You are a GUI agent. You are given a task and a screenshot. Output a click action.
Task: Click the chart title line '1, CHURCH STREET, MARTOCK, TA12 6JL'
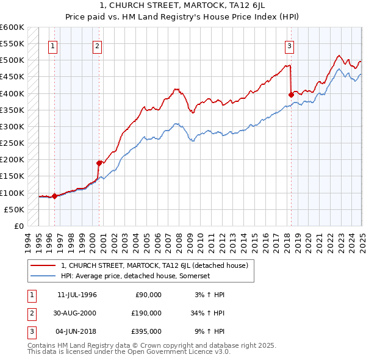(x=183, y=5)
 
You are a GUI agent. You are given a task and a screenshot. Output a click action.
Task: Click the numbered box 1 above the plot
(x=53, y=45)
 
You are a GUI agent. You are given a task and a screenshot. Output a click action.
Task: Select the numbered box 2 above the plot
(x=98, y=45)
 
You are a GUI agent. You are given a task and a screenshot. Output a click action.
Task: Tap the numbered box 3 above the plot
(x=289, y=45)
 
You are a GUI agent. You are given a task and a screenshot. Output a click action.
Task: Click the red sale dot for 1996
(x=54, y=196)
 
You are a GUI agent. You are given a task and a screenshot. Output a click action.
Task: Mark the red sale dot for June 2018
(x=290, y=95)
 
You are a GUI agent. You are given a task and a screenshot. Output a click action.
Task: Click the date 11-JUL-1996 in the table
(x=77, y=295)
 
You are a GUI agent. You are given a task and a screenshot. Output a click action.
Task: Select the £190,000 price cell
(x=146, y=313)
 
